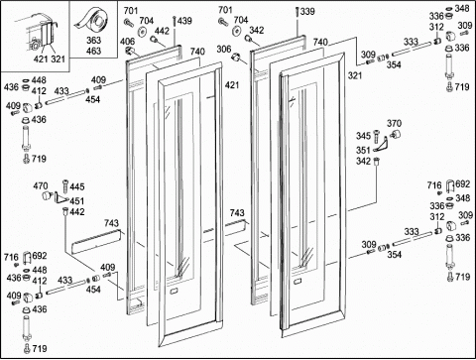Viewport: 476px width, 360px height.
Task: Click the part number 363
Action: tap(93, 41)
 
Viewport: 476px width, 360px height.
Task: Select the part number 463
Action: tap(93, 51)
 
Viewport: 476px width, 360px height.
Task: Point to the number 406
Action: tap(127, 42)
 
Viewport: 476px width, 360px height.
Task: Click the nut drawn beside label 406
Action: tap(130, 51)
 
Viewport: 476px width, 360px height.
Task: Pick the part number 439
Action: tap(184, 21)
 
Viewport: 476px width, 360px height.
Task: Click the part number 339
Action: tap(307, 12)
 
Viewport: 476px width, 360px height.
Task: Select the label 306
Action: tap(224, 50)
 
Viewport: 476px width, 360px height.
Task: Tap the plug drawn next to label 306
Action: tap(236, 58)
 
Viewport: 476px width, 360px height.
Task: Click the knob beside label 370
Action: tap(396, 134)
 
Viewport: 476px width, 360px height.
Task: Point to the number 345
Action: tap(363, 136)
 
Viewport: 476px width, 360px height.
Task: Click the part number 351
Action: tap(363, 151)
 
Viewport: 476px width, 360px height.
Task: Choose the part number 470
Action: tap(41, 186)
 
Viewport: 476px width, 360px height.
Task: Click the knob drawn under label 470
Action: tap(48, 195)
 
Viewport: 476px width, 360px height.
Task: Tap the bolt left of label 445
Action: tap(65, 187)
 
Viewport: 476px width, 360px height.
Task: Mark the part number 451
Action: tap(77, 201)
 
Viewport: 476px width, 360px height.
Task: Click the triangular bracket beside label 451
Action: tap(60, 197)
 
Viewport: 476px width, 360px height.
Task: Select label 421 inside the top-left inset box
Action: tap(41, 60)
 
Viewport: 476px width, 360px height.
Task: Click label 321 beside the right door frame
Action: tap(355, 75)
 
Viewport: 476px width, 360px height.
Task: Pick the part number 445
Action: tap(77, 186)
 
